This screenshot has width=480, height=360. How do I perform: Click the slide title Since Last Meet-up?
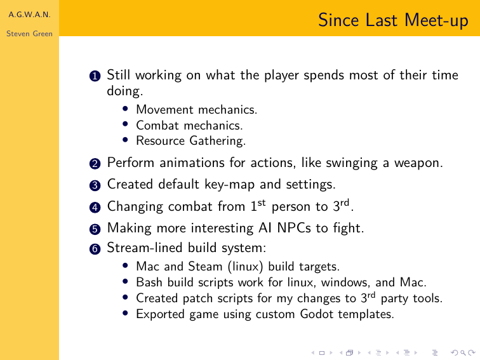pos(393,20)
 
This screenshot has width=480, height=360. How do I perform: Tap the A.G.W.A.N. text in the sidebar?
pos(29,15)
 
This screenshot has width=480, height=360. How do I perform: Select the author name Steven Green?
pos(29,34)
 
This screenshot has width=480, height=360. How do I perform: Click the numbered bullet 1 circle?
pos(95,76)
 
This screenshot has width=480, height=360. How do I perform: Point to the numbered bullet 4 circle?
pos(95,207)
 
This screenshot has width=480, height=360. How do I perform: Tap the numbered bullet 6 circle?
pos(95,249)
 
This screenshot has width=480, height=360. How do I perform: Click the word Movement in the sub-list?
pos(164,109)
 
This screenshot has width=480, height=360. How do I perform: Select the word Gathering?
pos(217,141)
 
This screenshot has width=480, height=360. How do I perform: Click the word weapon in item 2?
pos(418,163)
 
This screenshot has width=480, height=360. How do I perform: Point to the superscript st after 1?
pos(262,203)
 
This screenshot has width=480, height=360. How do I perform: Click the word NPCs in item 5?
pos(294,228)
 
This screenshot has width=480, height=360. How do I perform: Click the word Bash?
pos(149,282)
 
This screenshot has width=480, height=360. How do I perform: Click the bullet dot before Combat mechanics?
pos(125,124)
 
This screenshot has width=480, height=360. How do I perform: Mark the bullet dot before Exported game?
pos(125,312)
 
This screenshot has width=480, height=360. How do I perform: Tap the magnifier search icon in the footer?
pos(463,353)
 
